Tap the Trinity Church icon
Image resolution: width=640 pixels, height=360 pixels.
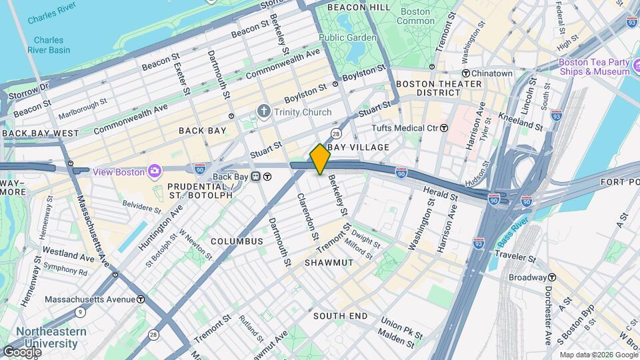click(265, 111)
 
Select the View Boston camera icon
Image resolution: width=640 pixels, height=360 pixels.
click(155, 172)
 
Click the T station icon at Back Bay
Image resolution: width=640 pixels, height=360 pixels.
click(267, 177)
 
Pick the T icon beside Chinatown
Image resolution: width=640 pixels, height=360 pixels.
click(466, 73)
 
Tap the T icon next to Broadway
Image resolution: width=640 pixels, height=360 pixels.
click(552, 277)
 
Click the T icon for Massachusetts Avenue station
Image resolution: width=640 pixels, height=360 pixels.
click(141, 299)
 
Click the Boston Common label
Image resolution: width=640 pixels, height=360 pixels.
click(415, 16)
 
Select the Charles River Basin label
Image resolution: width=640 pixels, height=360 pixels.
click(49, 45)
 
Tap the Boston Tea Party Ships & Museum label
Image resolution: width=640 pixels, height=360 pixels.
click(593, 67)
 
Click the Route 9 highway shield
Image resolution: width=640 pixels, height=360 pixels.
click(81, 311)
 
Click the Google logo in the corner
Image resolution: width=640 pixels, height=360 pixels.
click(22, 351)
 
